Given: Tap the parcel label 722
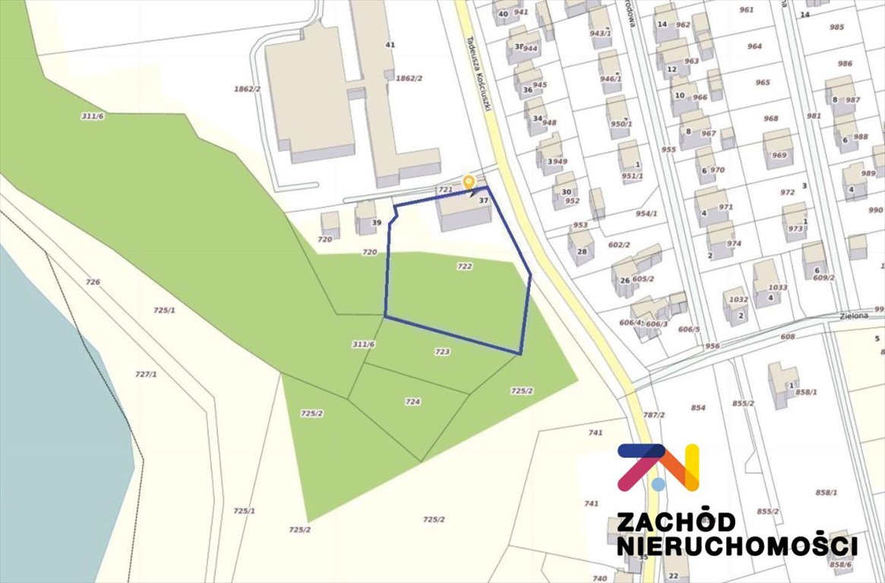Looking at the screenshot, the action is [465, 266].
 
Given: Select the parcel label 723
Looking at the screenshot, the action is [442, 352].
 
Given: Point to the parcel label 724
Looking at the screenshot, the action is [412, 402].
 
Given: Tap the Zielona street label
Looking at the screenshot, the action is [854, 315].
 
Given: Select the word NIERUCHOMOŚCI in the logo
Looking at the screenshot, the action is [737, 547].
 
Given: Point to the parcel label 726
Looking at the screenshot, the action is [93, 282].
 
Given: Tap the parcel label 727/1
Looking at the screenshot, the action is [146, 374].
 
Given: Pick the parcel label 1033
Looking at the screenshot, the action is [777, 288].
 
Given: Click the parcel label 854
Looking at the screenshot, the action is [698, 408].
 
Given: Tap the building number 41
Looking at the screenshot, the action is [390, 46].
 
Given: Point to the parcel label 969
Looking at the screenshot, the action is [779, 156].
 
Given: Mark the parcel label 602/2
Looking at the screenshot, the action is [619, 245].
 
